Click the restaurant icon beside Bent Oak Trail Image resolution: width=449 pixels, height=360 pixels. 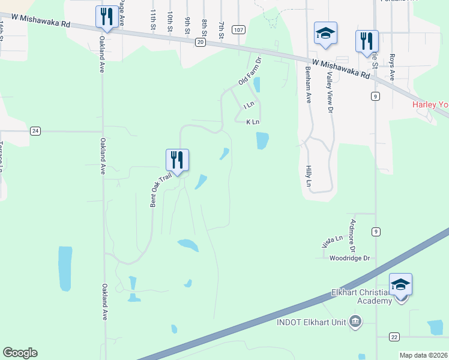177,160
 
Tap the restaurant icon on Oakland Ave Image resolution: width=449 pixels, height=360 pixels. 107,17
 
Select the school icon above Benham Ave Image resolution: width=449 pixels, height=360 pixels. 325,34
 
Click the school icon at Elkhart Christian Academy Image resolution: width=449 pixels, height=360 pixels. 400,284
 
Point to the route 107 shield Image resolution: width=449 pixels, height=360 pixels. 238,29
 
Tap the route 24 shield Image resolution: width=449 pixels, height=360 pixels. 35,131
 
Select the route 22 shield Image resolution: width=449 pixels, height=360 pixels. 394,337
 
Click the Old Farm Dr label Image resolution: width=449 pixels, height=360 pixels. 250,71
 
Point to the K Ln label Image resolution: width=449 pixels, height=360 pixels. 253,122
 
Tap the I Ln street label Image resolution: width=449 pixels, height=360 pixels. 250,105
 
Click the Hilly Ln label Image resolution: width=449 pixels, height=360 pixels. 309,176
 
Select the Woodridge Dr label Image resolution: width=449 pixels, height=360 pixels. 349,258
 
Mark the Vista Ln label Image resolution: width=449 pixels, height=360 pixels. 331,242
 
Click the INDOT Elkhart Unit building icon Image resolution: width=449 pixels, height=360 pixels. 355,322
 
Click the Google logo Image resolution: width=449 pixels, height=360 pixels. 20,353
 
